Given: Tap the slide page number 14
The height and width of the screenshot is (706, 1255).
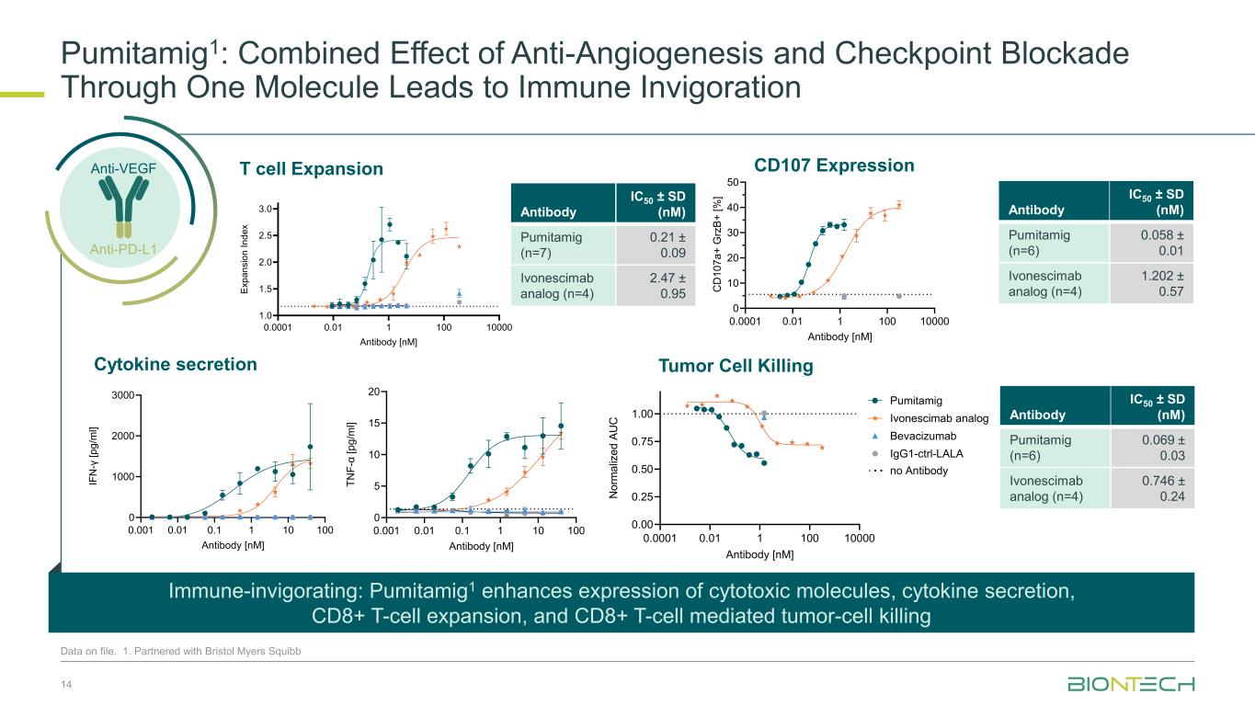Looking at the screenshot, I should (x=66, y=685).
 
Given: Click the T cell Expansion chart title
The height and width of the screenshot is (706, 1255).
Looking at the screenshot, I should (x=311, y=168).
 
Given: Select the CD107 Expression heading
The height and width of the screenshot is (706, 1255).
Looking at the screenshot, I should (x=834, y=165).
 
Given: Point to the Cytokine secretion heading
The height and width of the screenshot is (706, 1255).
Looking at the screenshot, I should (x=176, y=365).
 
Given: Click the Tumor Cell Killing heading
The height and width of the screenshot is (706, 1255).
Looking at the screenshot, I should (x=736, y=366).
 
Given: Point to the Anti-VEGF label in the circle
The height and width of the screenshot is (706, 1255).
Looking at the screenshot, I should (x=123, y=168).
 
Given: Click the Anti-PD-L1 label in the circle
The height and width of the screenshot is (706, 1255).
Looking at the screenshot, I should (x=123, y=247).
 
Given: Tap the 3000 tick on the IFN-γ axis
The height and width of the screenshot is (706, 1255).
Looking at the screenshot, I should (x=123, y=395).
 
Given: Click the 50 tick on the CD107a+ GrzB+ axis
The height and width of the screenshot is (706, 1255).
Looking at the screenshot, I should (x=733, y=183).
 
